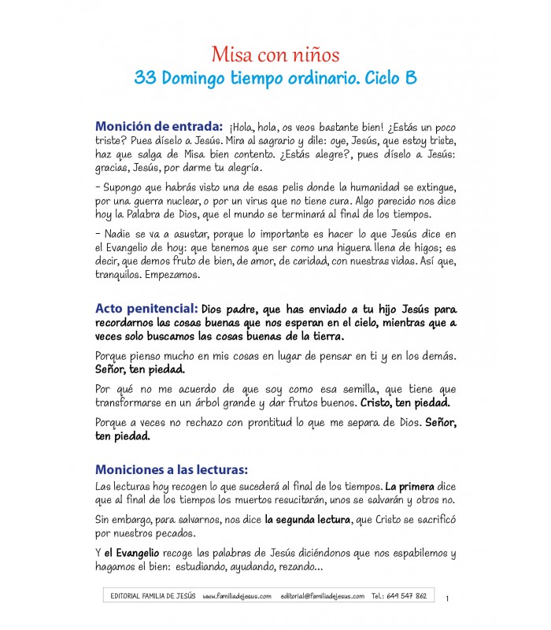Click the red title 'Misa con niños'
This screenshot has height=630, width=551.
click(275, 55)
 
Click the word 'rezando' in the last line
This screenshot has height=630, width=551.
click(298, 568)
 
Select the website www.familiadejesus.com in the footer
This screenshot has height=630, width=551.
click(237, 596)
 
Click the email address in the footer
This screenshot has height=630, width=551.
click(322, 596)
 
